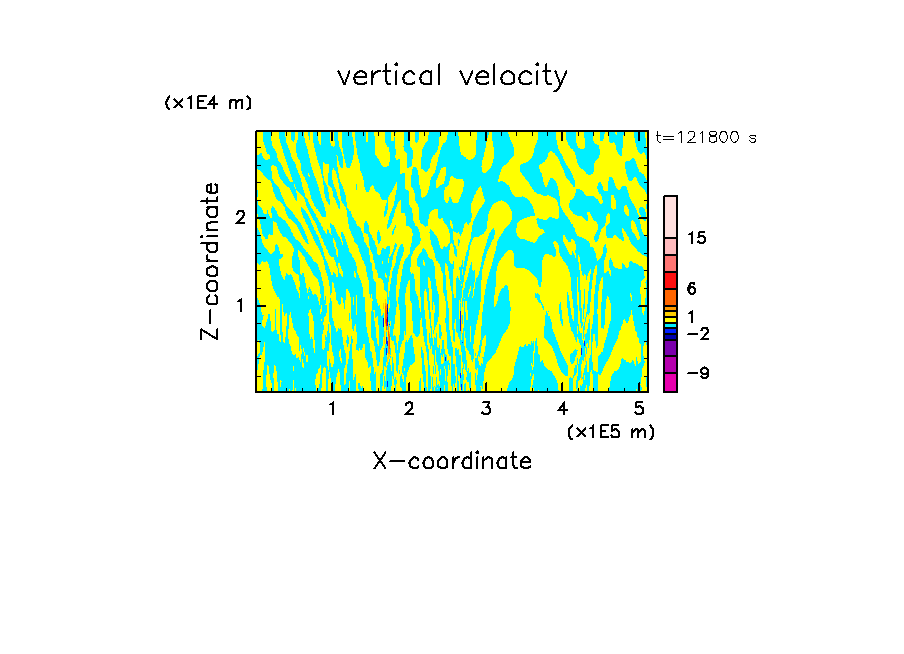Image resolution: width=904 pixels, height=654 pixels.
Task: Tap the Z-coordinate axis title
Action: (x=210, y=261)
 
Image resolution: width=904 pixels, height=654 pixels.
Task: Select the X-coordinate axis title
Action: (x=452, y=461)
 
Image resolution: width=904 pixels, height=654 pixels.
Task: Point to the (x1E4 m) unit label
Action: (x=208, y=103)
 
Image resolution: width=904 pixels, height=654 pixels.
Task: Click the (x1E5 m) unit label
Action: (x=610, y=431)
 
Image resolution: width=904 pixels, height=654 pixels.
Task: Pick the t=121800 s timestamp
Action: (x=706, y=138)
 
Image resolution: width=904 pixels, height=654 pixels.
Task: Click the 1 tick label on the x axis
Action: (x=333, y=408)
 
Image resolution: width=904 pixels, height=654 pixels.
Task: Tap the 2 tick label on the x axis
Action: (x=409, y=408)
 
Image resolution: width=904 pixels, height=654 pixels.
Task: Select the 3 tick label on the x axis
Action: (x=486, y=408)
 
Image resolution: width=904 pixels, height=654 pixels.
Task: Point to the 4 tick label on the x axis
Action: (x=562, y=408)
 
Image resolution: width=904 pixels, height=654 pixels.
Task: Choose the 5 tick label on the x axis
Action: (x=639, y=408)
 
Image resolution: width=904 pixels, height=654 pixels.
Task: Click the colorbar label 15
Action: (x=697, y=239)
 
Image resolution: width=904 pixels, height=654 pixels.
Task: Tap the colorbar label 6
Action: (x=691, y=289)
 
